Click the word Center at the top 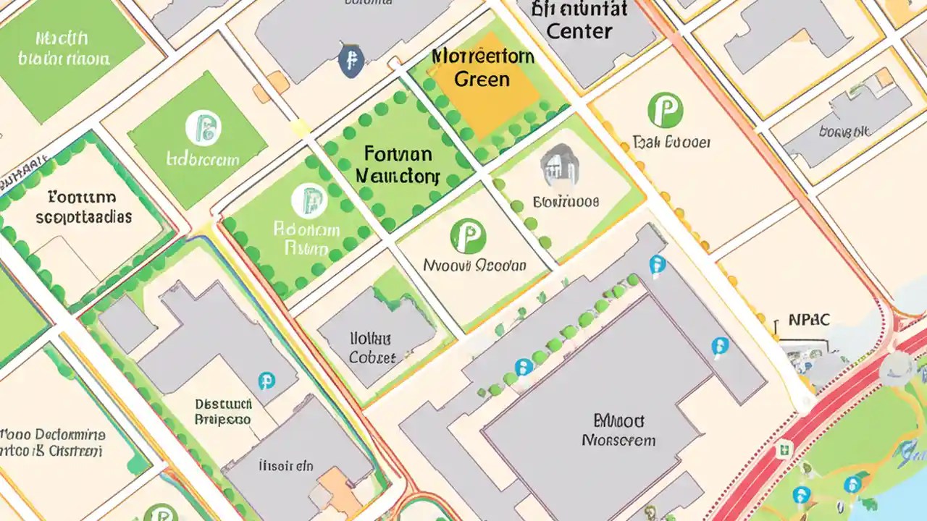pyautogui.click(x=579, y=31)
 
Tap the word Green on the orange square pyautogui.click(x=482, y=79)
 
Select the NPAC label pyautogui.click(x=810, y=320)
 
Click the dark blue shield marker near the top pyautogui.click(x=351, y=60)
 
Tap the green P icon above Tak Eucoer pyautogui.click(x=666, y=109)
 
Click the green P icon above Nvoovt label pyautogui.click(x=468, y=237)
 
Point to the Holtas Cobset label pyautogui.click(x=372, y=347)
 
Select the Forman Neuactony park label pyautogui.click(x=398, y=164)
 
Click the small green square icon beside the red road pyautogui.click(x=783, y=450)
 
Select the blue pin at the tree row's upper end pyautogui.click(x=657, y=264)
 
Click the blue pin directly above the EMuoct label pyautogui.click(x=719, y=346)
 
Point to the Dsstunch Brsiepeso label pyautogui.click(x=223, y=412)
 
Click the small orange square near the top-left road pyautogui.click(x=261, y=93)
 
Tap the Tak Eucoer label pyautogui.click(x=671, y=142)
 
